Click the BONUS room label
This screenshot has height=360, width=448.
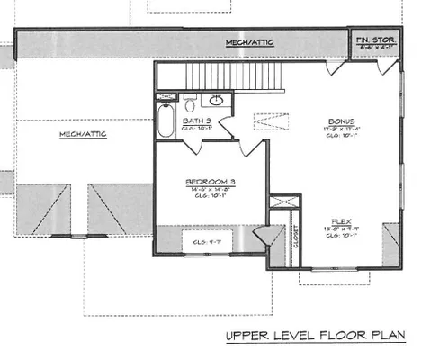click(x=341, y=121)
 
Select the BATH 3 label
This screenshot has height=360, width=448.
click(x=196, y=120)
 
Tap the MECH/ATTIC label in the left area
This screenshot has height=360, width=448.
click(x=84, y=135)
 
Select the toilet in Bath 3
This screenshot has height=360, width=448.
click(x=190, y=101)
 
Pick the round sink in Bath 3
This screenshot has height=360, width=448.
click(x=216, y=101)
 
